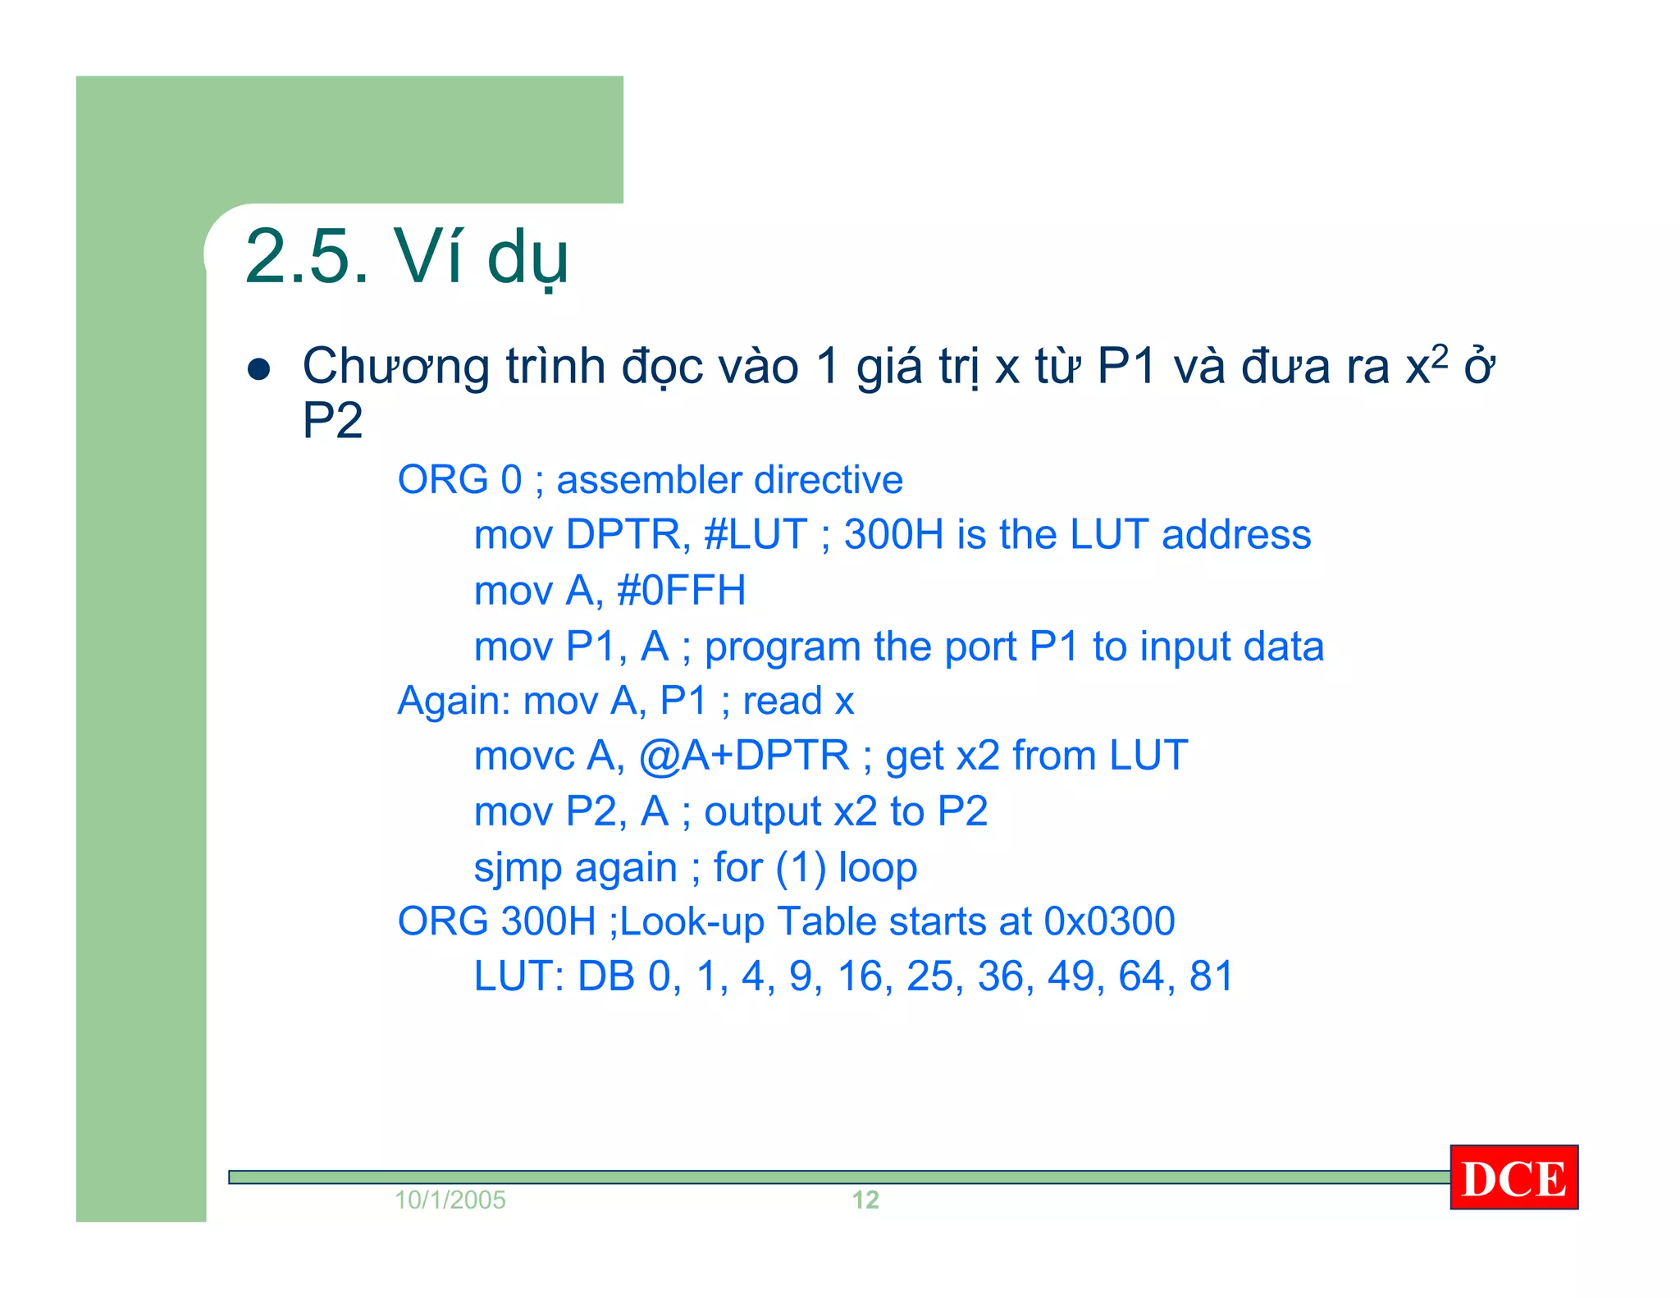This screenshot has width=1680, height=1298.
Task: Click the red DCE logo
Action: tap(1513, 1177)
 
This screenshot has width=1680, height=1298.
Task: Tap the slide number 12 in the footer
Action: tap(865, 1200)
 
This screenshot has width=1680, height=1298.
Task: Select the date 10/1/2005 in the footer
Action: tap(450, 1200)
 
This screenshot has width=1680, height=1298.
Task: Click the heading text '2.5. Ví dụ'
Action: tap(406, 256)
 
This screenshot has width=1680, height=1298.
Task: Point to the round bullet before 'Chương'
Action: tap(259, 369)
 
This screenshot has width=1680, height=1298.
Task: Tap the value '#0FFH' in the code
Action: tap(681, 591)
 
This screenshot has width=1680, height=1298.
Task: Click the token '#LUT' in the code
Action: tap(756, 535)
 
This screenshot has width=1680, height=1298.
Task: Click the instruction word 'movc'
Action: tap(524, 756)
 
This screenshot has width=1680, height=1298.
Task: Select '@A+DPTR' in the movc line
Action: tap(744, 756)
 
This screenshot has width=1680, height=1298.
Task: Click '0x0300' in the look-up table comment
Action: tap(1109, 921)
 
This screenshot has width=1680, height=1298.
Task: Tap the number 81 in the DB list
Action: tap(1211, 976)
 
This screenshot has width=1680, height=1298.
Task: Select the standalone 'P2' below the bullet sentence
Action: tap(332, 421)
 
